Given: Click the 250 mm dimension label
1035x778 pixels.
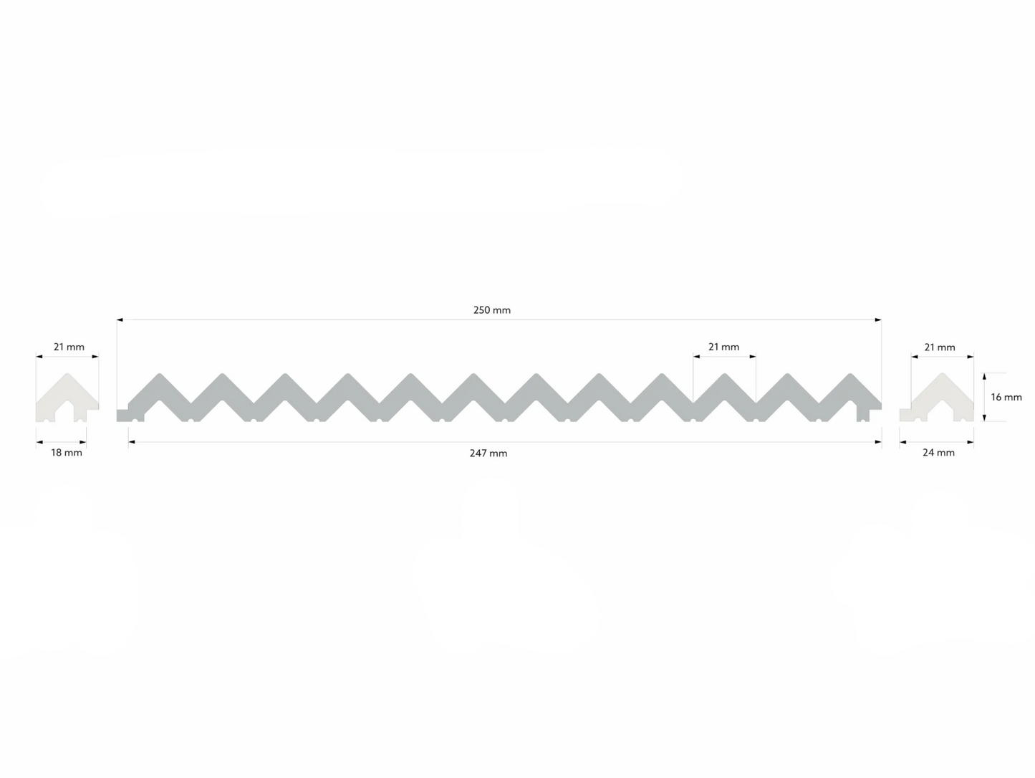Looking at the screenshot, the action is [492, 310].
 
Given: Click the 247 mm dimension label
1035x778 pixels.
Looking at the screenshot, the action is [488, 453].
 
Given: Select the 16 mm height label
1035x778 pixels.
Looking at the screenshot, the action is [1006, 397].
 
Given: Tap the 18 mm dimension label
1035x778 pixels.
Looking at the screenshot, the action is [67, 453].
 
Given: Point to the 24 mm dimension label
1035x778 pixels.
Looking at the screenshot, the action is [938, 453].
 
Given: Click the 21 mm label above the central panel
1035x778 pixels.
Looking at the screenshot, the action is [724, 347].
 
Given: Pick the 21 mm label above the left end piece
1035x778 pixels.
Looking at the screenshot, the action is [69, 347].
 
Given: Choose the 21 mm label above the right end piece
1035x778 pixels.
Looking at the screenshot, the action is [940, 347].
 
